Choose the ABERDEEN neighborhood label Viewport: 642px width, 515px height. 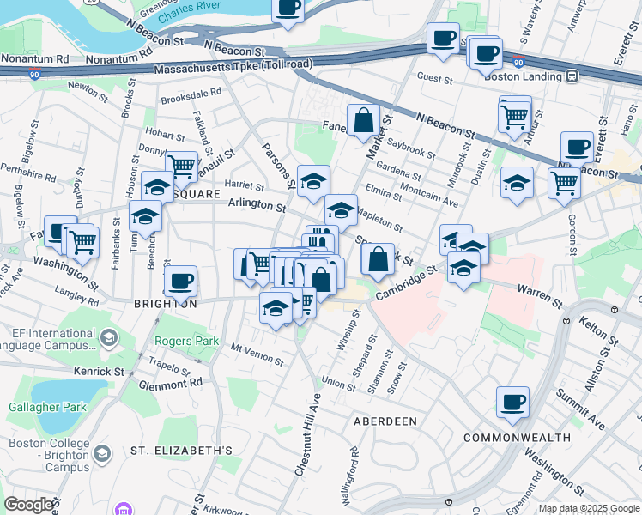385,421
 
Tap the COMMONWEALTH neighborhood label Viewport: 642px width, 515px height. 517,438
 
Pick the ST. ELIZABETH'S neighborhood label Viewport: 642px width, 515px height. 181,451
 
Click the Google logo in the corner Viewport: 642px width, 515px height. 29,505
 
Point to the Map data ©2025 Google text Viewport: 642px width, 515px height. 588,509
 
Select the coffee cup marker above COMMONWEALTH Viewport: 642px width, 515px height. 512,402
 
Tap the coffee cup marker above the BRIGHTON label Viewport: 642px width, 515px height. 180,281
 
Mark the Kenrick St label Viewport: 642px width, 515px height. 99,372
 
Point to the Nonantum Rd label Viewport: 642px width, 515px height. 34,59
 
